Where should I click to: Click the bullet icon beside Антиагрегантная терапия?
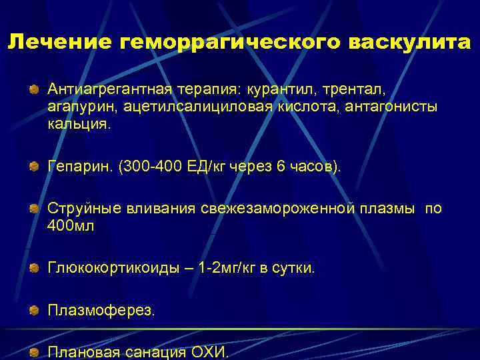[33, 89]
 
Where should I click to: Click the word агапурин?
[74, 107]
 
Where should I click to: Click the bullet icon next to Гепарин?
[33, 166]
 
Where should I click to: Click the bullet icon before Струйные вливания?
[33, 209]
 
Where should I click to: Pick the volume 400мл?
[71, 226]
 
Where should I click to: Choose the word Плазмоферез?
[99, 311]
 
